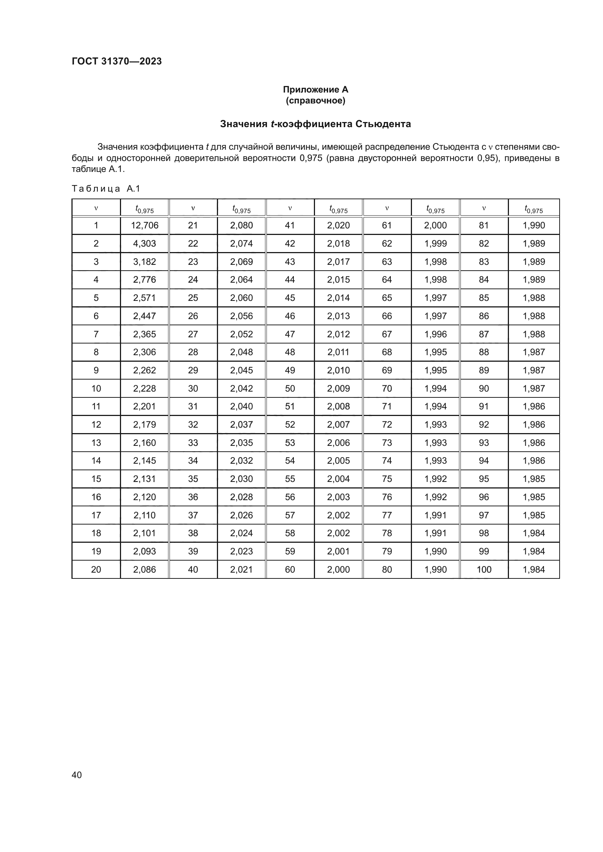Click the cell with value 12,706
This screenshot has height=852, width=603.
tap(144, 225)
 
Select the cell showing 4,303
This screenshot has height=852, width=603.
tap(144, 243)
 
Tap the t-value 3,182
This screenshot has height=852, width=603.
tap(144, 262)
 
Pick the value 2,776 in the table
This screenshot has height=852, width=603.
tap(144, 279)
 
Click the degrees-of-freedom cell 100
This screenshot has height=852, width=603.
tap(484, 569)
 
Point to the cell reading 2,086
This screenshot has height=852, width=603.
tap(144, 569)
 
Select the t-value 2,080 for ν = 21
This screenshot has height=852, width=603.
tap(241, 225)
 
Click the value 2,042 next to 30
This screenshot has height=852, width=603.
tap(241, 388)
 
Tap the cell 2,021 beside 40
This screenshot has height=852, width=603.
tap(241, 569)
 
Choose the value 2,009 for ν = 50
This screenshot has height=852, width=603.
tap(338, 388)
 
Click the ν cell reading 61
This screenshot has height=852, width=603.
tap(387, 225)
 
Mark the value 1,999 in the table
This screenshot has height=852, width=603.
tap(436, 243)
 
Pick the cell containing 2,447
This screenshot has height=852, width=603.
tap(144, 316)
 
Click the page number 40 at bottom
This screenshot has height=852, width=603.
tap(77, 775)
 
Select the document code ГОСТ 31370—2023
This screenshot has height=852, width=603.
tap(117, 61)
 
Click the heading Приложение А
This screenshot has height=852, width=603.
tap(315, 90)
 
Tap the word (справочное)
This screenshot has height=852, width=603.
tap(315, 101)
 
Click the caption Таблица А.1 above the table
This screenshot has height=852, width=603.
tap(106, 189)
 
